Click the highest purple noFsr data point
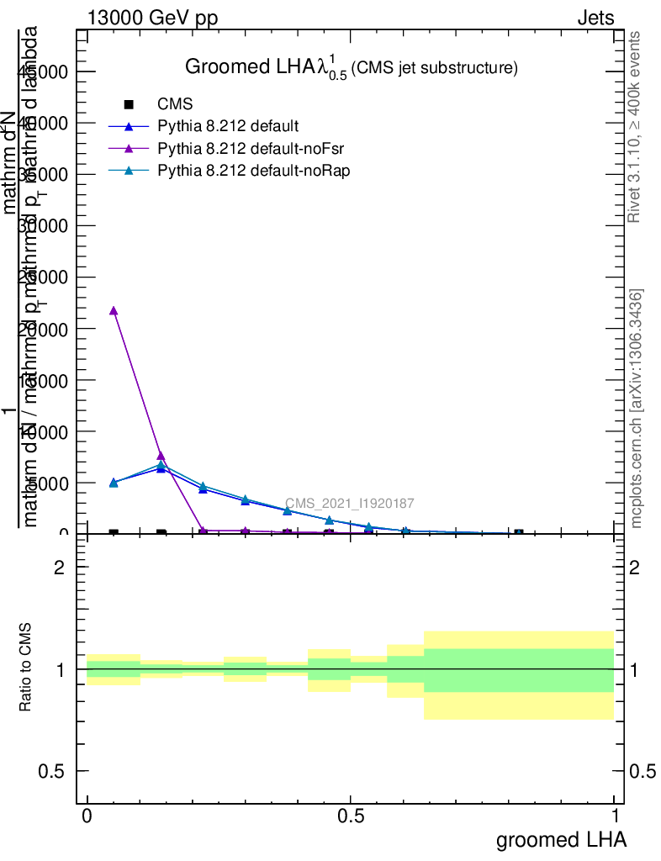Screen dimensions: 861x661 point(114,310)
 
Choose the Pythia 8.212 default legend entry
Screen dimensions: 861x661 point(228,127)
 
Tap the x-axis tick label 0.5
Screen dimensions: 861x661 point(350,816)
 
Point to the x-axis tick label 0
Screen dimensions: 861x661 point(87,816)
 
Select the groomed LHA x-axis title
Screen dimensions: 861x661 point(561,840)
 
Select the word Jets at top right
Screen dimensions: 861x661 point(595,18)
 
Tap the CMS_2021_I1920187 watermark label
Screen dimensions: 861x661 point(349,504)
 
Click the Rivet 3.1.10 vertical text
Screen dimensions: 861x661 point(635,127)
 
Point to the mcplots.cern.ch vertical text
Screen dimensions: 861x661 point(637,409)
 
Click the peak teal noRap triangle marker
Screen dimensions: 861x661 point(161,464)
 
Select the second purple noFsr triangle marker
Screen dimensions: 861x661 point(161,456)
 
